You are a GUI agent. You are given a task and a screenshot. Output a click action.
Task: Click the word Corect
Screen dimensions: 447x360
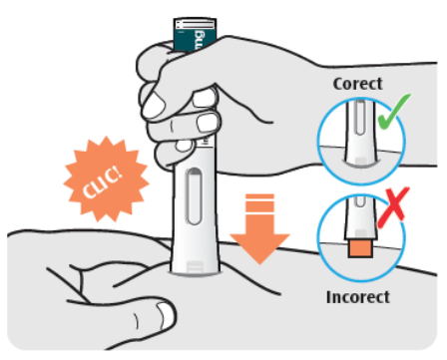click(x=357, y=84)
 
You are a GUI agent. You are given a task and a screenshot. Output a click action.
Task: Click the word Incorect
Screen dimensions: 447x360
click(x=358, y=297)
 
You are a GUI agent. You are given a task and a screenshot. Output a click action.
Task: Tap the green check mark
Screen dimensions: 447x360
click(x=394, y=112)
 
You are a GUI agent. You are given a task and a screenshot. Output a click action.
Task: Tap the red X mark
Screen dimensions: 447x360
click(x=394, y=205)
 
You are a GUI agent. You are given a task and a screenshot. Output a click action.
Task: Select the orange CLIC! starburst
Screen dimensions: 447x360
click(x=106, y=179)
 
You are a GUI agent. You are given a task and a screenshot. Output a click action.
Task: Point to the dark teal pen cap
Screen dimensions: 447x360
click(x=196, y=35)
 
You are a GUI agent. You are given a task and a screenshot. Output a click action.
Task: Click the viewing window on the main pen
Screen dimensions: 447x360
click(x=194, y=196)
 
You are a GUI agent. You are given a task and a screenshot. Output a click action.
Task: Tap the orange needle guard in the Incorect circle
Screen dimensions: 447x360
click(x=360, y=249)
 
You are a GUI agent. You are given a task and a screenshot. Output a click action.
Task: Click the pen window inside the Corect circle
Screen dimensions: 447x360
click(x=359, y=118)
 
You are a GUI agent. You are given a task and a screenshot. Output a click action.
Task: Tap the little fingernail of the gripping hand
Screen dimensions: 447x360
click(x=183, y=146)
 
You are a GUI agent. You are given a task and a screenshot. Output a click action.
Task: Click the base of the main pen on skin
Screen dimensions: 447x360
click(x=195, y=268)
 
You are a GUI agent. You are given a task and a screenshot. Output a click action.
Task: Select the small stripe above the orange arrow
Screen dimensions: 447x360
click(x=259, y=196)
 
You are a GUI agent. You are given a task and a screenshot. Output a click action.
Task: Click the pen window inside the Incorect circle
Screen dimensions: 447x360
click(x=359, y=201)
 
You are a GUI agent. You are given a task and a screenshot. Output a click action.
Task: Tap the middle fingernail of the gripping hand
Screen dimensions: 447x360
click(x=208, y=122)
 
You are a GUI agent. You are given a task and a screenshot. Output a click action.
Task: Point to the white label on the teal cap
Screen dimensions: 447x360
click(x=196, y=24)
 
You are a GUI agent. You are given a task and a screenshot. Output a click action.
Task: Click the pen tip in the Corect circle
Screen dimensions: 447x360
click(x=360, y=160)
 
